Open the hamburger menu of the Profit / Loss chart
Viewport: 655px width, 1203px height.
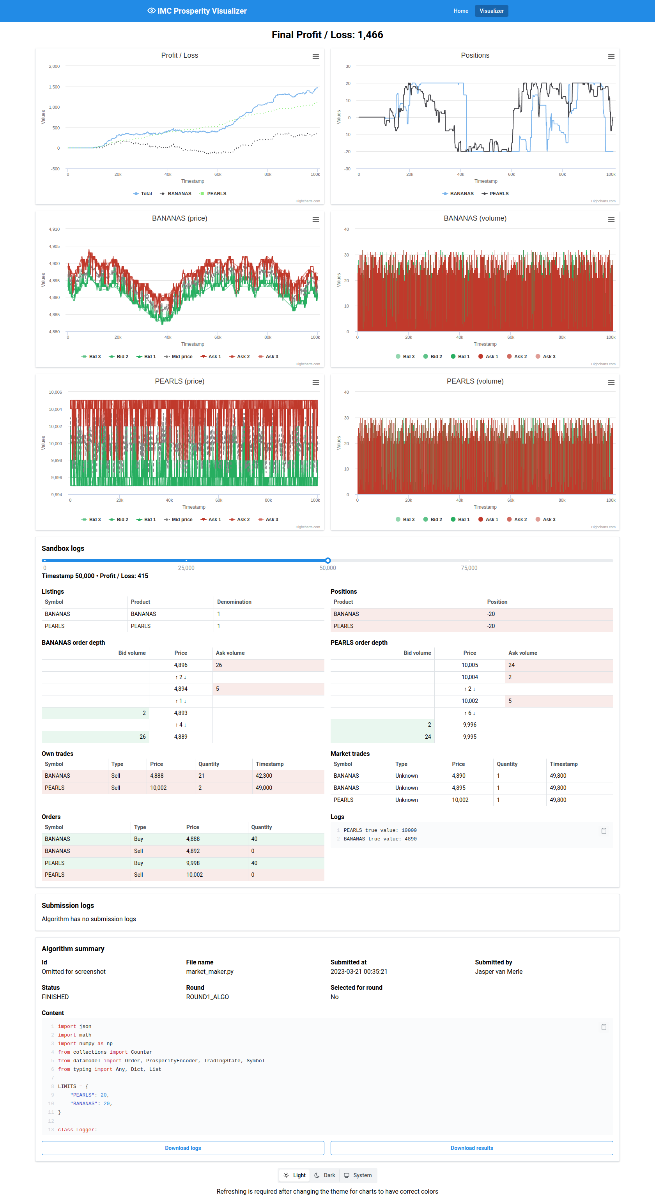pyautogui.click(x=315, y=57)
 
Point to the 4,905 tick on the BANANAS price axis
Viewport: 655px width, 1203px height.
pyautogui.click(x=54, y=246)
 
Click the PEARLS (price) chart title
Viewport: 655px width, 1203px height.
pyautogui.click(x=179, y=381)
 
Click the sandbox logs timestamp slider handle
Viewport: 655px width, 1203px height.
pyautogui.click(x=328, y=561)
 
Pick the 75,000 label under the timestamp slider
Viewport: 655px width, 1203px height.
pyautogui.click(x=469, y=568)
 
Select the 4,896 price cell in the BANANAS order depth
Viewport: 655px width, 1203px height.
pyautogui.click(x=181, y=665)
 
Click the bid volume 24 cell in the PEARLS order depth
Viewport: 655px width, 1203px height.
pyautogui.click(x=427, y=736)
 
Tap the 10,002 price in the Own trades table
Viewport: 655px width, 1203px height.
pyautogui.click(x=158, y=788)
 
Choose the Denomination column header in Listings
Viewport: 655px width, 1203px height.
pyautogui.click(x=234, y=602)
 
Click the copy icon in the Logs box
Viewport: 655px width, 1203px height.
pyautogui.click(x=604, y=831)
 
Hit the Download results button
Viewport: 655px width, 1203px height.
pyautogui.click(x=471, y=1148)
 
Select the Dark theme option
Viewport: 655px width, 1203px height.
pyautogui.click(x=325, y=1175)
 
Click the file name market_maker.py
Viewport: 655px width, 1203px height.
pyautogui.click(x=210, y=971)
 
